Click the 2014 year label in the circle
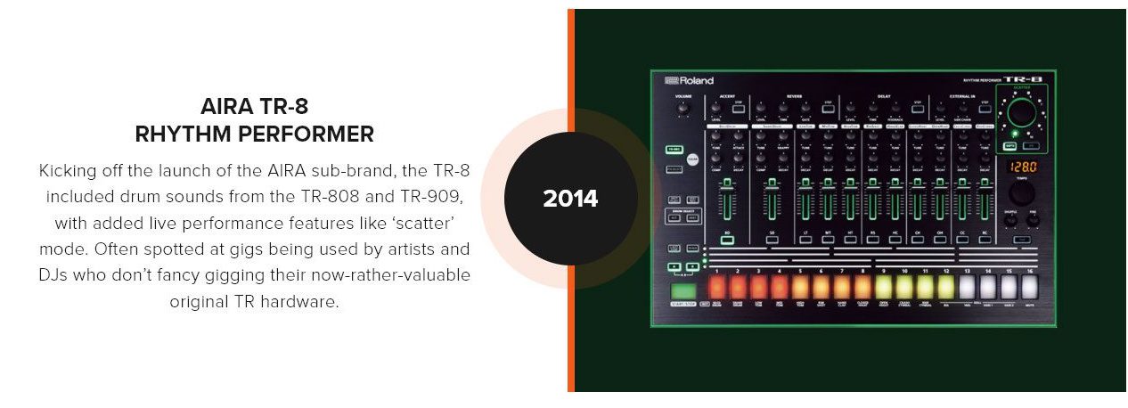point(570,199)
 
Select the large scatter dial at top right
point(1023,112)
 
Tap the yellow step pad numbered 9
point(884,287)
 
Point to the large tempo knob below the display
point(1022,192)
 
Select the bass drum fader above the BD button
point(728,200)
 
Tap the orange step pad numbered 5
point(799,287)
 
